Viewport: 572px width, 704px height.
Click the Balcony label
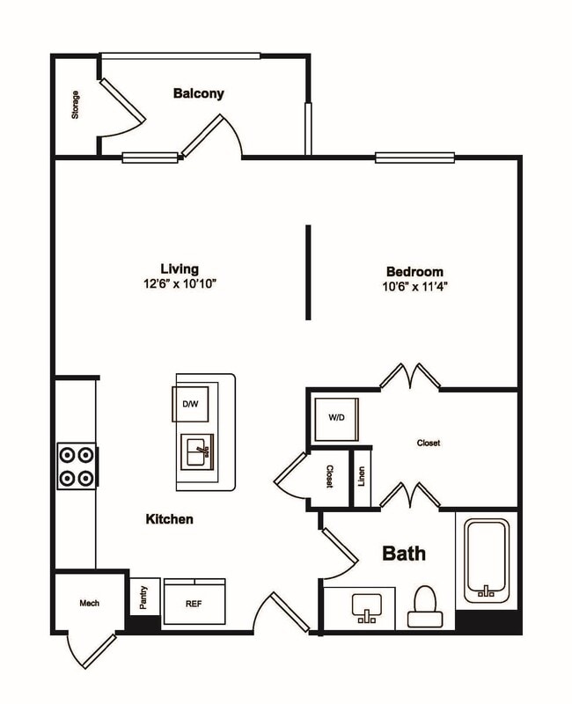[198, 93]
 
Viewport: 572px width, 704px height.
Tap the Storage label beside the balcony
[76, 106]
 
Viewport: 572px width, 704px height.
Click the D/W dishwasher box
[190, 404]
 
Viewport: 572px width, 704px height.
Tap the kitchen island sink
[197, 453]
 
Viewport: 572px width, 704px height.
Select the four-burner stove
[77, 467]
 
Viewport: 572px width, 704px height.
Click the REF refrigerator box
[194, 604]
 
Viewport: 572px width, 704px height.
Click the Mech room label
[89, 604]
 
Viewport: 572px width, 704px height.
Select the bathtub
[487, 560]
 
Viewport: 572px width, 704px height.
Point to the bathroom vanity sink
[363, 607]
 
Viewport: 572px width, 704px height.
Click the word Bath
[404, 554]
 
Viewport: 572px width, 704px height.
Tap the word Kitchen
[169, 520]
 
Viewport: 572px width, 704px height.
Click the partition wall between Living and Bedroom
[308, 272]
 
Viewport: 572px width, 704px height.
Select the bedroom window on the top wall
[414, 158]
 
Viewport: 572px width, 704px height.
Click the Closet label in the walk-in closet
[429, 444]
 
